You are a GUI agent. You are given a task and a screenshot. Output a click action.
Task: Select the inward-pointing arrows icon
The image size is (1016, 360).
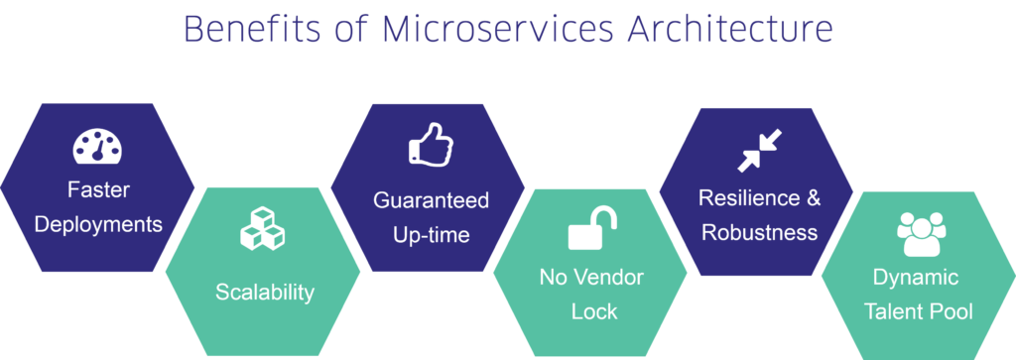(760, 150)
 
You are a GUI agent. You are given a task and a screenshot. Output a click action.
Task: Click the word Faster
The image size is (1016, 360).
(98, 189)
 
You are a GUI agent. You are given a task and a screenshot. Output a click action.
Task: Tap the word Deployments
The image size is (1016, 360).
(98, 223)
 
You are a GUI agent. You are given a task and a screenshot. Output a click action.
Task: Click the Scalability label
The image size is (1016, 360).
(264, 292)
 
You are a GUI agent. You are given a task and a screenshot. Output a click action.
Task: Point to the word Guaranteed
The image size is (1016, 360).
(431, 200)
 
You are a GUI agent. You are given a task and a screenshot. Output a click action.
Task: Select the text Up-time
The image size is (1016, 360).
(431, 235)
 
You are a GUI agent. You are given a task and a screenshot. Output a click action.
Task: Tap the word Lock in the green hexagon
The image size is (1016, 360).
(594, 310)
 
